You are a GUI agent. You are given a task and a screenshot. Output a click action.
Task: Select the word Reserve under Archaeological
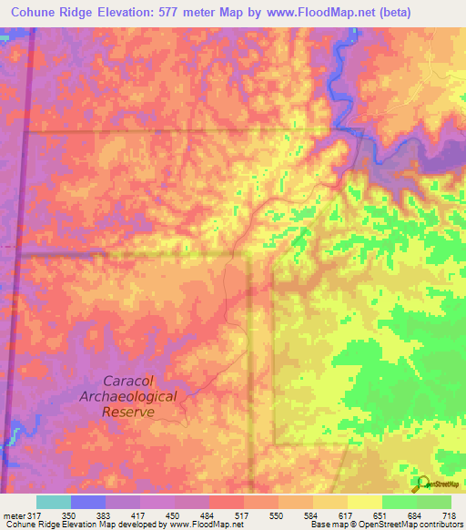[128, 412]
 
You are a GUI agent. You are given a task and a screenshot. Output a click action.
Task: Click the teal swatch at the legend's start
[54, 503]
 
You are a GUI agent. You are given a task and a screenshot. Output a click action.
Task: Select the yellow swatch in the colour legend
[364, 503]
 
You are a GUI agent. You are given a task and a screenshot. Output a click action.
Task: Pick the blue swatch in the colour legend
[88, 503]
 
